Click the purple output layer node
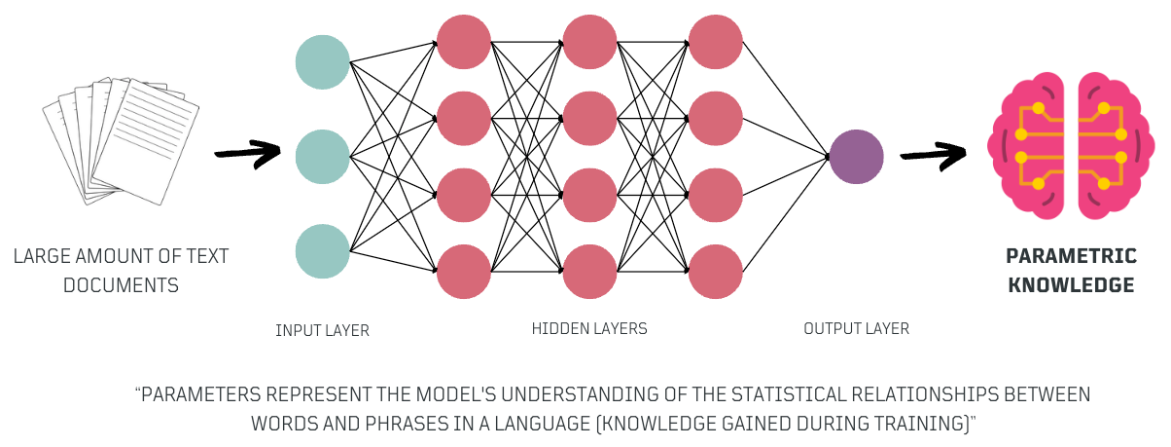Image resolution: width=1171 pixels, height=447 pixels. pyautogui.click(x=856, y=157)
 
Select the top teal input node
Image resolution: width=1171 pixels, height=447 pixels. pyautogui.click(x=322, y=62)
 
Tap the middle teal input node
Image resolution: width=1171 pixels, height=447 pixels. pyautogui.click(x=322, y=156)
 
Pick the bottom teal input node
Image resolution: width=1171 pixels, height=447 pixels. pyautogui.click(x=322, y=250)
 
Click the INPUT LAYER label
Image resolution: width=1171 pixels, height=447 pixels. pyautogui.click(x=322, y=331)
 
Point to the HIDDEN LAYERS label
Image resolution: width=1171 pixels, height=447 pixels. pyautogui.click(x=589, y=329)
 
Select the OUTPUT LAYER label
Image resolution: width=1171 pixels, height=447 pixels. pyautogui.click(x=856, y=329)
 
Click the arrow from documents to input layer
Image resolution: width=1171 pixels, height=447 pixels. pyautogui.click(x=247, y=154)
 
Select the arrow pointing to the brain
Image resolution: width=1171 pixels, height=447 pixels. pyautogui.click(x=933, y=156)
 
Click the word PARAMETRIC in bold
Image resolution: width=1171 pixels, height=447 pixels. pyautogui.click(x=1071, y=257)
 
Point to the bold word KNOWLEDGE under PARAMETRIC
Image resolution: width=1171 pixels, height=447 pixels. pyautogui.click(x=1071, y=285)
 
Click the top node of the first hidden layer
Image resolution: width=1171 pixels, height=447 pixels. pyautogui.click(x=464, y=42)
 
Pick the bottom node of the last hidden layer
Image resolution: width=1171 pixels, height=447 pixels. pyautogui.click(x=715, y=272)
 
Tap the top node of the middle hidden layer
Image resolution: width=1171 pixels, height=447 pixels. pyautogui.click(x=589, y=42)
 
